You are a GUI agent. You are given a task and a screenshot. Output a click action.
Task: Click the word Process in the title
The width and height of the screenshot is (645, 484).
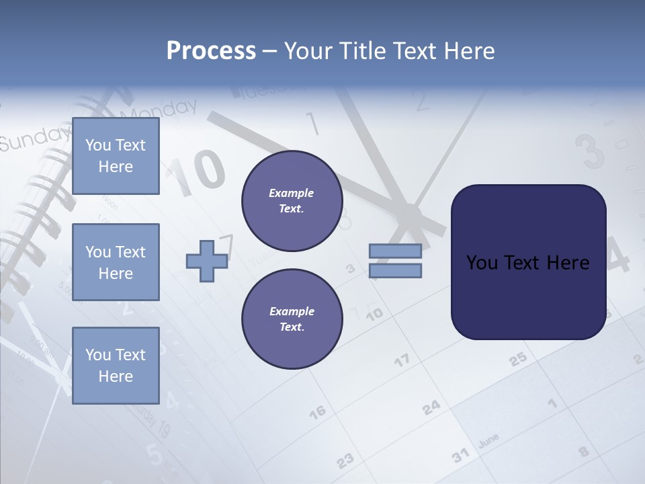[x=211, y=51]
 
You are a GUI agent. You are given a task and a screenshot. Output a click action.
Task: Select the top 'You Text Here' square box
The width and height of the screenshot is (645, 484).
[x=116, y=156]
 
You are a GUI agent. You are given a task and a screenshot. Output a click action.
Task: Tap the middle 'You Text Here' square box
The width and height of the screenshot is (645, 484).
[x=116, y=262]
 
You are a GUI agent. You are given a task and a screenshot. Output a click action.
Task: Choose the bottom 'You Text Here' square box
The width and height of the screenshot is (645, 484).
[x=116, y=365]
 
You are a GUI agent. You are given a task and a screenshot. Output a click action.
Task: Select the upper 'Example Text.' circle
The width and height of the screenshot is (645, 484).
[x=292, y=201]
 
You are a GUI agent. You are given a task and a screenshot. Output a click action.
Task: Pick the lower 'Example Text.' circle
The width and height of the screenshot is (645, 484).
[x=292, y=319]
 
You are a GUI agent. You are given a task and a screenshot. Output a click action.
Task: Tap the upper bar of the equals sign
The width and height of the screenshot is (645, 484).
[x=395, y=251]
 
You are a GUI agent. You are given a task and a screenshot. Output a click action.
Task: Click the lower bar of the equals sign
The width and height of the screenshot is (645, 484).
[x=395, y=270]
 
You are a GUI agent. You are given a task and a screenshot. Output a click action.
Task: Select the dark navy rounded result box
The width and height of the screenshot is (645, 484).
[x=528, y=262]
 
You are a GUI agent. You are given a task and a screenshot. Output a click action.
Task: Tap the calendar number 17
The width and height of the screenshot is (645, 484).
[x=401, y=361]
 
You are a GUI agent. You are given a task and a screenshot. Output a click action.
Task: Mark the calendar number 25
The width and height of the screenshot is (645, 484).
[x=517, y=360]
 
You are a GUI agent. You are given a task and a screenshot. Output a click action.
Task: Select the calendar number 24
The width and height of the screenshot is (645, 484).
[x=431, y=407]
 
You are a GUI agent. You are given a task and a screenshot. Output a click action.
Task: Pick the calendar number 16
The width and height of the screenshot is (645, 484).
[x=317, y=411]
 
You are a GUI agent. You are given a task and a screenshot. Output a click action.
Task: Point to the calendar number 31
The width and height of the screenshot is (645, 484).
[x=460, y=456]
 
